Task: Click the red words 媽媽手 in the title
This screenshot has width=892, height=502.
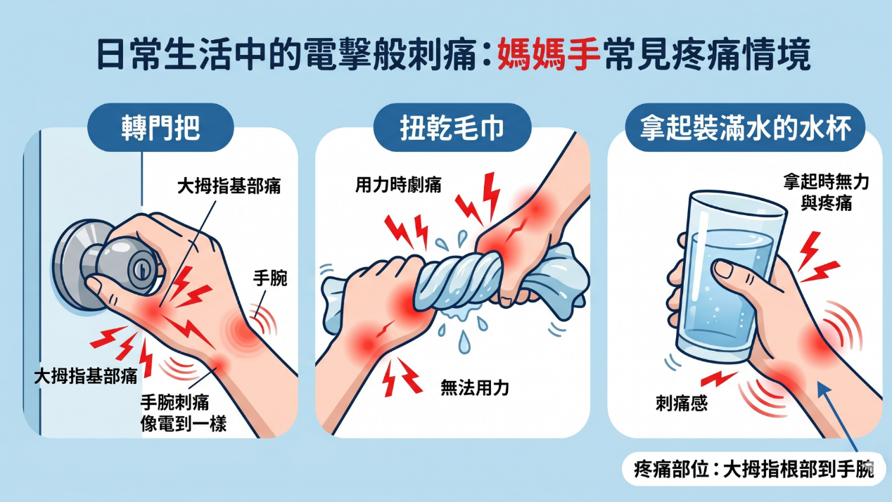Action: coord(549,56)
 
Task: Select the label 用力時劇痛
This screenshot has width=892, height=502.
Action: coord(398,186)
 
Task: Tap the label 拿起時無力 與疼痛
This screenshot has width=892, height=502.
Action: coord(826,193)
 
